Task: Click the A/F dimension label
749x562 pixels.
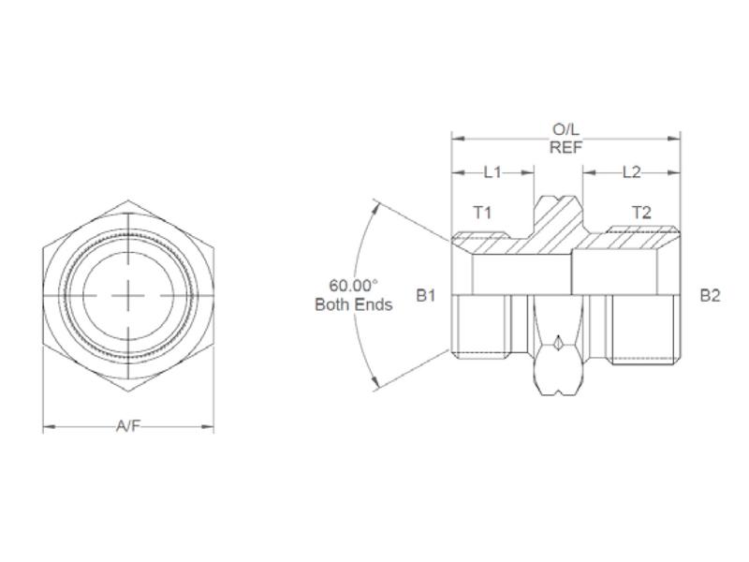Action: pyautogui.click(x=128, y=427)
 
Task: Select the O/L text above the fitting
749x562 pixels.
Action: pyautogui.click(x=565, y=129)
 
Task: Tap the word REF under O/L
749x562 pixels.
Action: pyautogui.click(x=565, y=146)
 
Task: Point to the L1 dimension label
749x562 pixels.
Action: pyautogui.click(x=493, y=172)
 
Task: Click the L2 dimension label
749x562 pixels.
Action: pyautogui.click(x=631, y=172)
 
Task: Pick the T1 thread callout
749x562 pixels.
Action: pyautogui.click(x=481, y=213)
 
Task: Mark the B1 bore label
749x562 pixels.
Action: pyautogui.click(x=427, y=295)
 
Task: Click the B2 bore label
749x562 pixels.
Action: pyautogui.click(x=710, y=295)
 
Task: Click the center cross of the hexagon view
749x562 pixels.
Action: pyautogui.click(x=128, y=295)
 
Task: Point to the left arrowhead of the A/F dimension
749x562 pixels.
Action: pyautogui.click(x=48, y=428)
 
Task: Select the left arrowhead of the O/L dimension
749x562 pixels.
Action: pyautogui.click(x=456, y=139)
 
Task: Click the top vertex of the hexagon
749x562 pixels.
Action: pyautogui.click(x=128, y=200)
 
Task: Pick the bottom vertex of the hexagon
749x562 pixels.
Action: pyautogui.click(x=128, y=392)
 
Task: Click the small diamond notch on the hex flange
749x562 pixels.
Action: pyautogui.click(x=557, y=344)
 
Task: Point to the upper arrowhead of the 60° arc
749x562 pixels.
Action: pyautogui.click(x=376, y=204)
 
